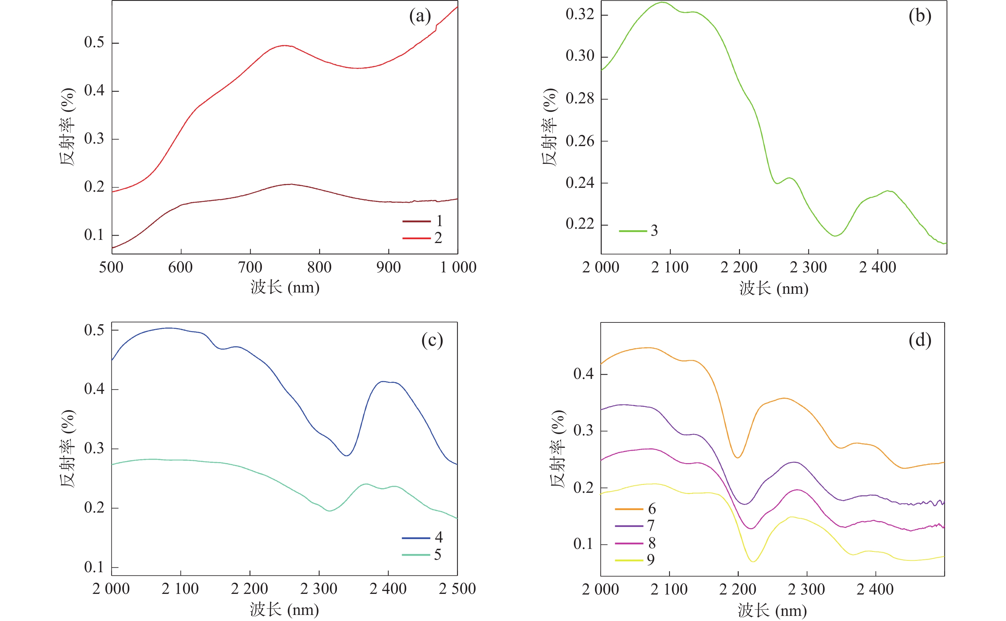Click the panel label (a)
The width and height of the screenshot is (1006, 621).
pos(420,17)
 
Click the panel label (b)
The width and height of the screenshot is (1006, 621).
pos(920,17)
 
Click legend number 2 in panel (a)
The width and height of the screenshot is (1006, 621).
pos(438,238)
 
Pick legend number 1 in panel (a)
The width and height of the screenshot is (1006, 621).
pos(439,221)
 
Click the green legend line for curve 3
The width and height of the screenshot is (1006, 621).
pos(633,231)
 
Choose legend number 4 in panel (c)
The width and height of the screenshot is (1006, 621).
pos(439,537)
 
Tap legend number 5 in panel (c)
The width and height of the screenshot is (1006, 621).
pos(438,554)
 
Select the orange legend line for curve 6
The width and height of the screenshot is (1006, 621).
pos(629,509)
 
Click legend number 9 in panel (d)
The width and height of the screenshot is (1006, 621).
pos(650,560)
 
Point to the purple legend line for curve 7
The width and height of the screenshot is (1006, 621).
pos(629,526)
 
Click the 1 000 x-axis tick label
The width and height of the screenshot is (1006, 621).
pos(458,267)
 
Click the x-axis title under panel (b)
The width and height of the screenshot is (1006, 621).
pos(774,288)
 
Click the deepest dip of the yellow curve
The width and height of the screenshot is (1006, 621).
pos(753,561)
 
